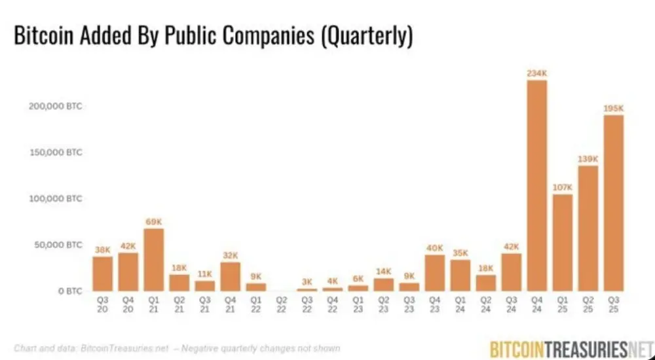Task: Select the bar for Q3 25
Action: pos(614,203)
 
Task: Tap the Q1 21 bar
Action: pos(153,260)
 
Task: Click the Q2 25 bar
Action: pos(588,228)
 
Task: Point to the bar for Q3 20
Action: pos(102,274)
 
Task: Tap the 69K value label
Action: pos(153,222)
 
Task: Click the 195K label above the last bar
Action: pos(614,108)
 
